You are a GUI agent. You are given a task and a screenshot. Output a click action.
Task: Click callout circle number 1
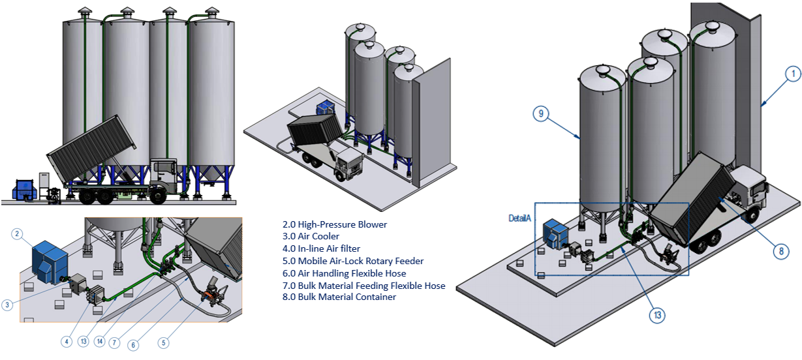pos(792,74)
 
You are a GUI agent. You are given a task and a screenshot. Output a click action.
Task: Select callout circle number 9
pos(539,113)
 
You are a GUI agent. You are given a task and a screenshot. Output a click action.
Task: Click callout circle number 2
pos(18,233)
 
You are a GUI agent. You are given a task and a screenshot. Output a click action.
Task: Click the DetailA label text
pos(520,217)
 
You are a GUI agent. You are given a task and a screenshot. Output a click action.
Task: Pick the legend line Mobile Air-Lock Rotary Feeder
pos(349,261)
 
